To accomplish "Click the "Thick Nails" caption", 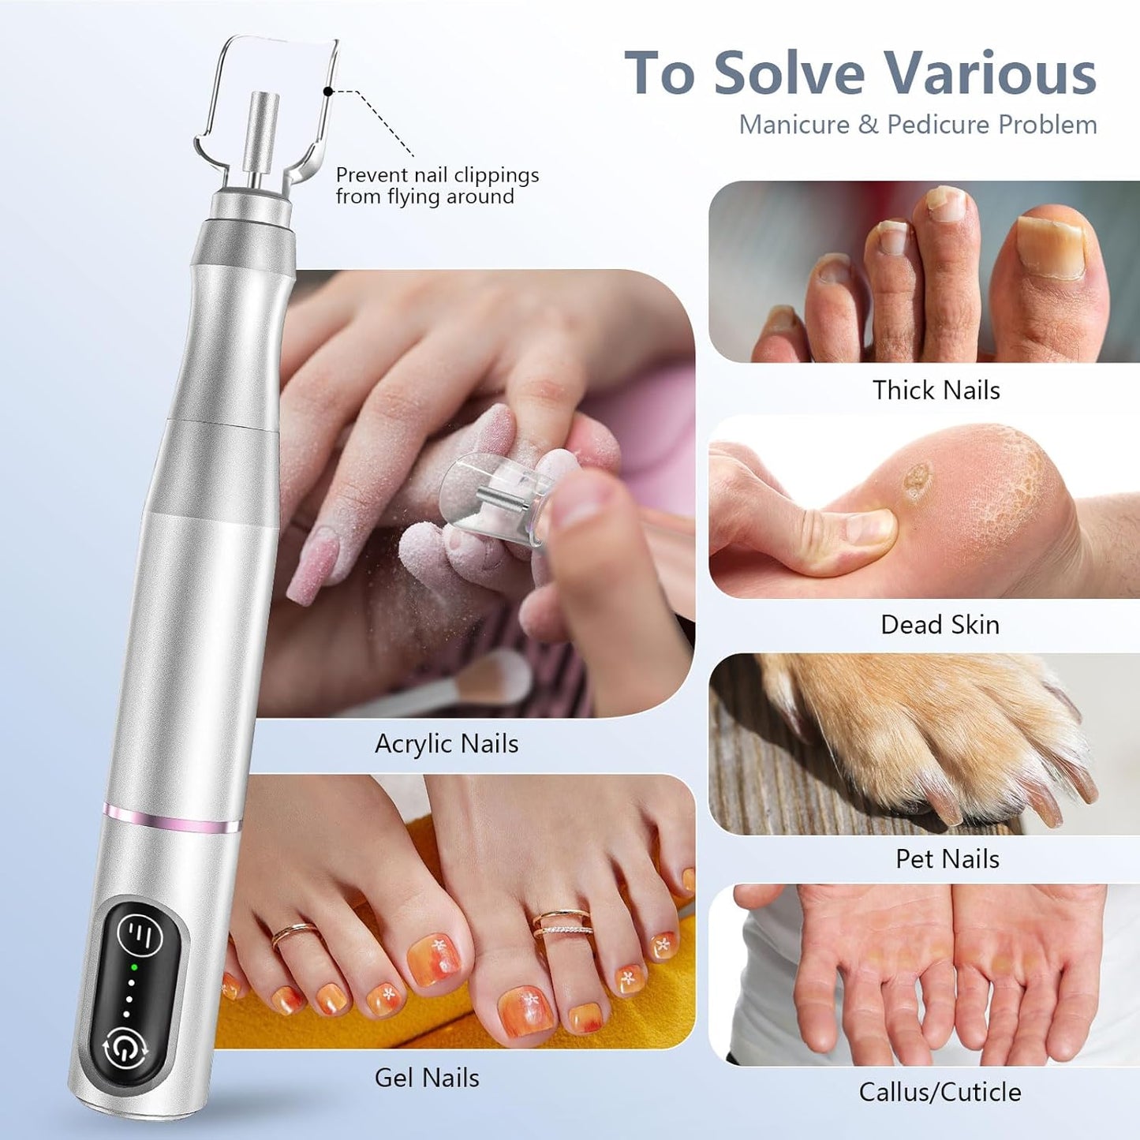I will (936, 391).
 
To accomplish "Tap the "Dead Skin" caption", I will (940, 625).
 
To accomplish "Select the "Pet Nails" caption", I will (947, 858).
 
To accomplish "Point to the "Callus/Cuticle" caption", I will (940, 1092).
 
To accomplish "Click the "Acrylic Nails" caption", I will (447, 744).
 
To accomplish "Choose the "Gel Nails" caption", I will (427, 1078).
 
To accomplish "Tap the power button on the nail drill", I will (125, 1048).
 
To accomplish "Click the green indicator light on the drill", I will (134, 967).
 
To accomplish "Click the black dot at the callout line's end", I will (328, 92).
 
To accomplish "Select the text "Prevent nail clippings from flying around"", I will (437, 186).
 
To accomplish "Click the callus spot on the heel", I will (916, 480).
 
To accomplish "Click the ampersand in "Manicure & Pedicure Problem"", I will (868, 125).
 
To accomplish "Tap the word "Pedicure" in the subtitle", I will (938, 125).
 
